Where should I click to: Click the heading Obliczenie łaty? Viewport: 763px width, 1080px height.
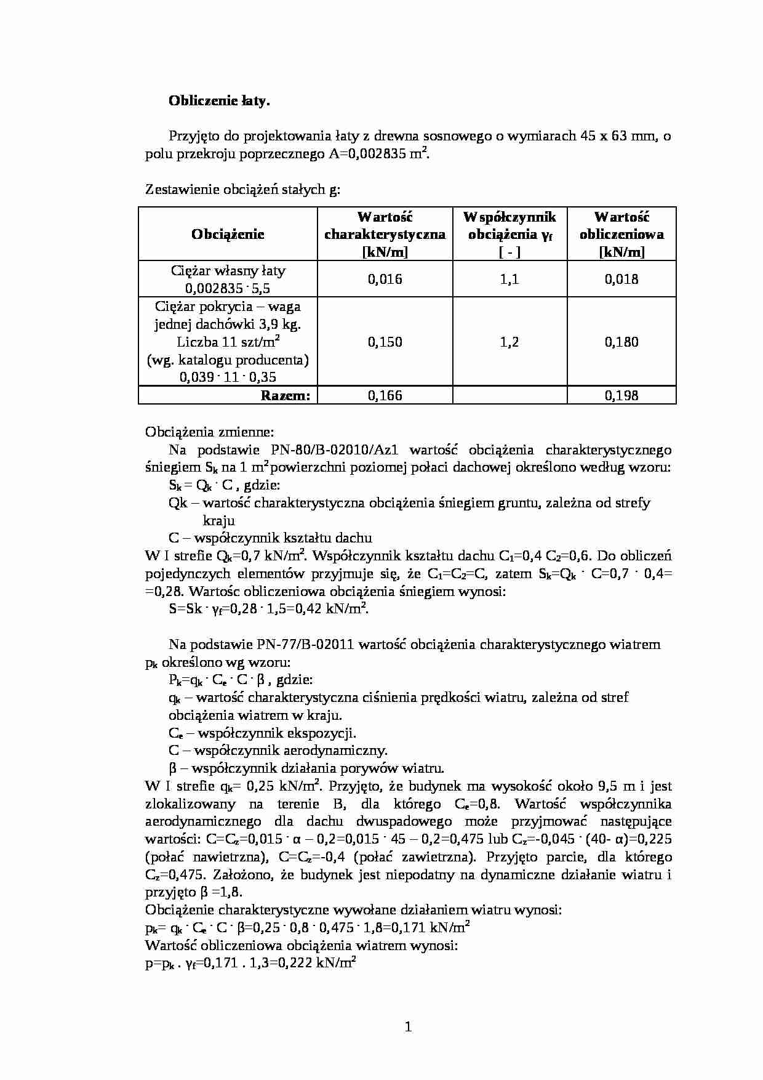tap(219, 102)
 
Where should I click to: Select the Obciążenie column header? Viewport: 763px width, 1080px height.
tap(228, 234)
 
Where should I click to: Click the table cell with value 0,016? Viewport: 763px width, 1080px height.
tap(385, 280)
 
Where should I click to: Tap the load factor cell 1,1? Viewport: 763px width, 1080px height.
tap(509, 280)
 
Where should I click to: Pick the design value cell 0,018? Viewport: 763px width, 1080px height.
tap(621, 280)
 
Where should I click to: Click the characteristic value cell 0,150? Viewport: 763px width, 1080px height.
tap(385, 342)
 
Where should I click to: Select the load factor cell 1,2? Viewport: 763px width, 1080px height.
tap(509, 342)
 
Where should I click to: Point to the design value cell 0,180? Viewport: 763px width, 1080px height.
tap(621, 342)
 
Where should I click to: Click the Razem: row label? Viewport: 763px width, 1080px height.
tap(286, 396)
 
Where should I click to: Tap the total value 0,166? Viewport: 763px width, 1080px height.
tap(385, 396)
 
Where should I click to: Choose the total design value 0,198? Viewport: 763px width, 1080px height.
tap(621, 396)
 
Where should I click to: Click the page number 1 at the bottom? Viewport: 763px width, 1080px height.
tap(408, 1027)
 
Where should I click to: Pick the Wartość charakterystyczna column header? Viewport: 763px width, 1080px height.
tap(385, 234)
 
